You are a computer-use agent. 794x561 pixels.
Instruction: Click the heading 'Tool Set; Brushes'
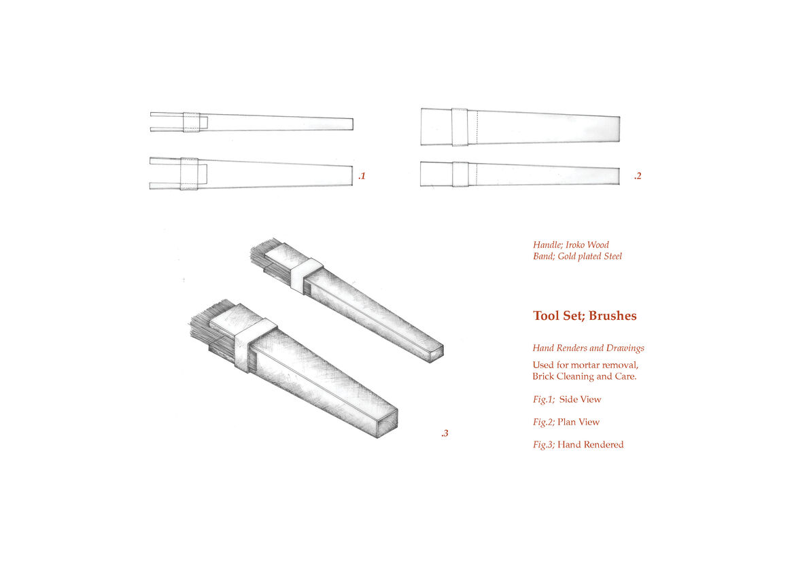(585, 316)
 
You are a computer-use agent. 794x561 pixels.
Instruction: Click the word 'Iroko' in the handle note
(575, 245)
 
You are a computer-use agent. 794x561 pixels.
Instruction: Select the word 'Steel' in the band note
(612, 257)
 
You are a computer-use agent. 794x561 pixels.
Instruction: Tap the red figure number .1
(362, 176)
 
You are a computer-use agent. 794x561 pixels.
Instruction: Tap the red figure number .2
(638, 176)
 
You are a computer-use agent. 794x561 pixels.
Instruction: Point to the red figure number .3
(445, 433)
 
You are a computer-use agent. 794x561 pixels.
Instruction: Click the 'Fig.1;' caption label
(544, 399)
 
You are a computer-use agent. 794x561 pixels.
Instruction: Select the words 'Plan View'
(579, 422)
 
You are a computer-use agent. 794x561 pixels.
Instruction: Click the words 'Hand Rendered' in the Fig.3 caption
(591, 445)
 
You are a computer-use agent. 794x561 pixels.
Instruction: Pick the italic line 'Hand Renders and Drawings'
(589, 348)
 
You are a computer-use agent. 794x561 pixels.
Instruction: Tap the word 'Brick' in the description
(543, 376)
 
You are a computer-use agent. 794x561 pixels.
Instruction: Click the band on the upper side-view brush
(192, 122)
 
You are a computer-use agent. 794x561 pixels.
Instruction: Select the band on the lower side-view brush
(189, 174)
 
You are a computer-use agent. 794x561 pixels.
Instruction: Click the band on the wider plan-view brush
(460, 127)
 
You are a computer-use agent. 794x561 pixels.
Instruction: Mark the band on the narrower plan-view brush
(460, 175)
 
